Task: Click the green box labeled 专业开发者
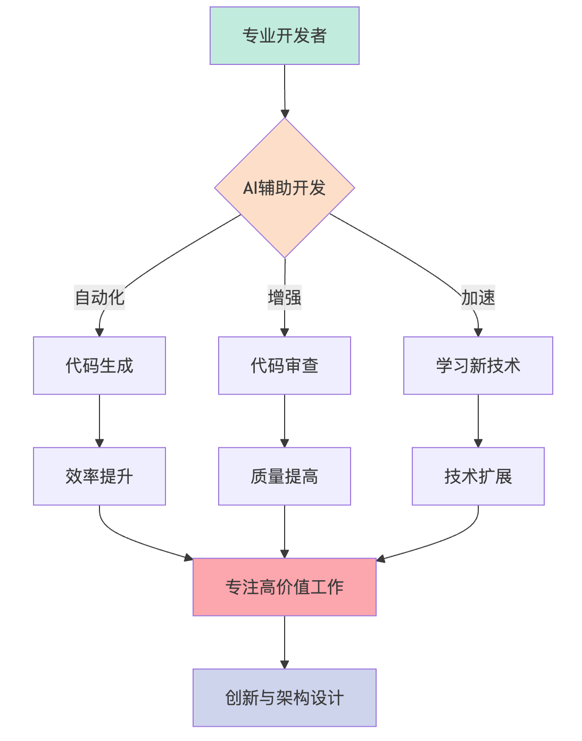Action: (285, 36)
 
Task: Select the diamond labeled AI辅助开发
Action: (285, 188)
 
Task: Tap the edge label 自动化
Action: (99, 297)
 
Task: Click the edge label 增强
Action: (285, 297)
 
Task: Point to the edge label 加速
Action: (478, 297)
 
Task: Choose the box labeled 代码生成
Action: (99, 366)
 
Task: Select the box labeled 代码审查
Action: (285, 366)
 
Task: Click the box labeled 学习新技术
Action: (478, 366)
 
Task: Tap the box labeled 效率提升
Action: (99, 476)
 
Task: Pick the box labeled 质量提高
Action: (285, 476)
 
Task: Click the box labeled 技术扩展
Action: (478, 476)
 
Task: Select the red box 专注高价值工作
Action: (285, 587)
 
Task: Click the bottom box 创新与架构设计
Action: (285, 698)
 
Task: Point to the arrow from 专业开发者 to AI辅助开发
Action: (285, 90)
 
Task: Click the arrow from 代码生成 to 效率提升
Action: (99, 421)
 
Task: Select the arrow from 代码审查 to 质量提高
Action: (285, 421)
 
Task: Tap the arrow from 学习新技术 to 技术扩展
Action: (478, 421)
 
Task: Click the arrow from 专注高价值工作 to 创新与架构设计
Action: (285, 642)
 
